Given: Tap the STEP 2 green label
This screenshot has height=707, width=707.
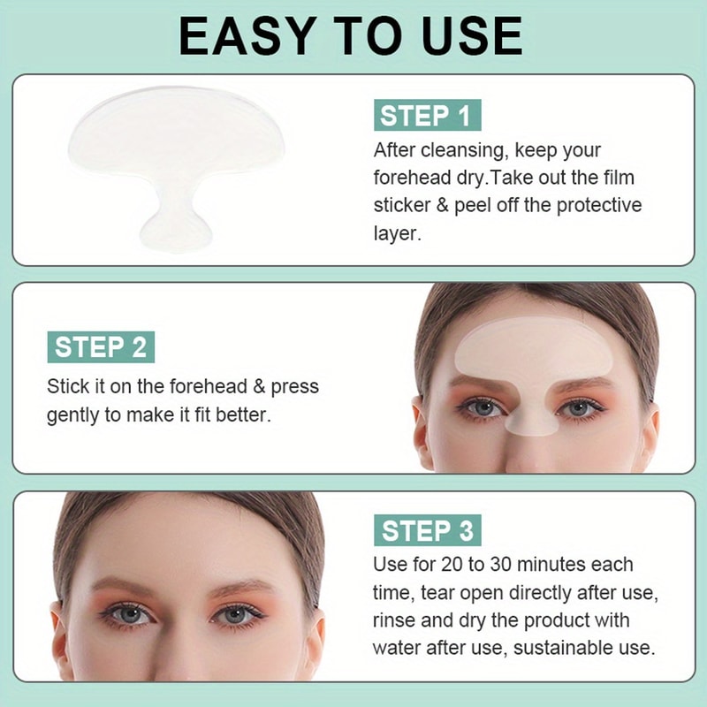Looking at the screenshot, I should pos(101,347).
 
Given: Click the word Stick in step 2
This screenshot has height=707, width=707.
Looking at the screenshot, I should pos(70,386).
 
